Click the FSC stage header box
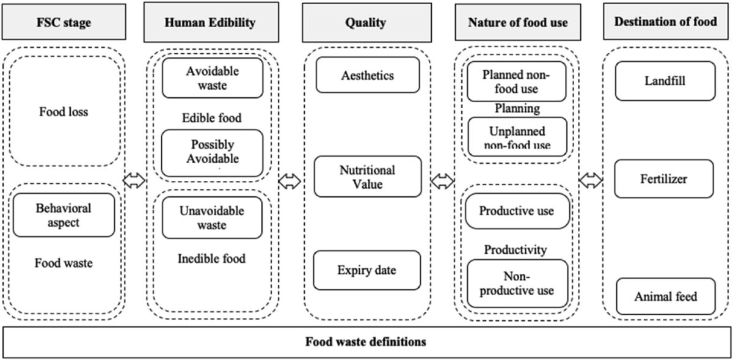click(64, 23)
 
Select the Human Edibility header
click(210, 23)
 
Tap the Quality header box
click(366, 23)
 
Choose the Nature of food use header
click(518, 23)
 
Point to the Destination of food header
click(665, 23)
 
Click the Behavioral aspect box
click(64, 215)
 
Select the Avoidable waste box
click(212, 78)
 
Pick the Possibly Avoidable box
click(212, 152)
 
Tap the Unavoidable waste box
click(212, 218)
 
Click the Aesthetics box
click(368, 75)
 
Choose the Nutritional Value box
click(368, 177)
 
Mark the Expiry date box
click(367, 270)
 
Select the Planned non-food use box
click(517, 81)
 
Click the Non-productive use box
click(517, 282)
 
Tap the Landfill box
click(665, 81)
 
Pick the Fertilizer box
click(664, 179)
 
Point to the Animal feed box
click(665, 297)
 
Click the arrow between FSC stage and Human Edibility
click(134, 180)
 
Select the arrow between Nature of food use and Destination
click(591, 180)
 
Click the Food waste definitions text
click(366, 341)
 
